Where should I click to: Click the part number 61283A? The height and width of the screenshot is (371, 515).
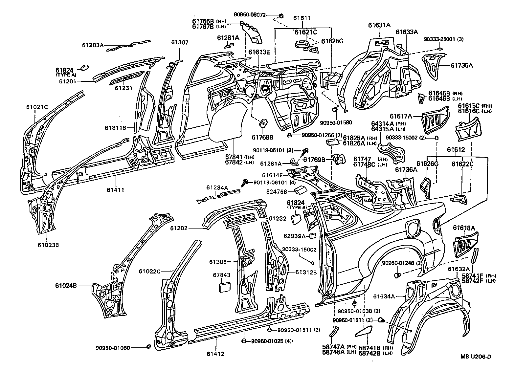[93, 45]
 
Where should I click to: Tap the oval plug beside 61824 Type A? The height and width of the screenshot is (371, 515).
[82, 68]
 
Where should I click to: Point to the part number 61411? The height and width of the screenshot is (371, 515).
[115, 189]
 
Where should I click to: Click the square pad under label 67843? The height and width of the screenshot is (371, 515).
[225, 286]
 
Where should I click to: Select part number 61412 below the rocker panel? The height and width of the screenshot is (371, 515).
[215, 354]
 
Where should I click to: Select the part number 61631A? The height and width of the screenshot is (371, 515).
[379, 25]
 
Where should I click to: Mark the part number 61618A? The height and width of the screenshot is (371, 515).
[464, 228]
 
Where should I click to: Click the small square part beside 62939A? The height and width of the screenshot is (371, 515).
[313, 235]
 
